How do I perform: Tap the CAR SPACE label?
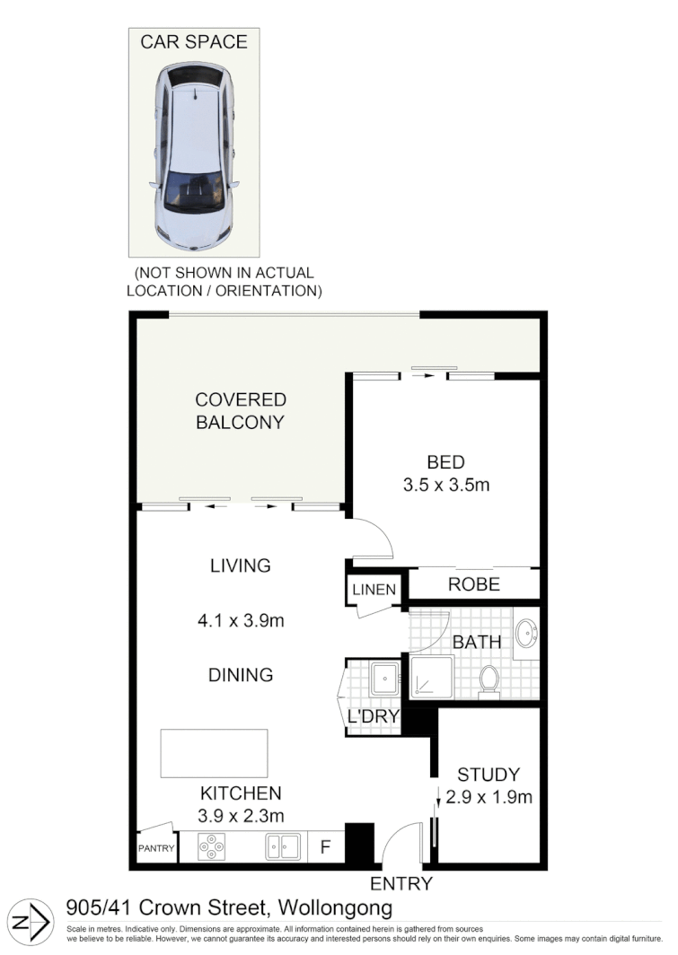point(193,41)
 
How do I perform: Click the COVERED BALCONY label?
point(240,410)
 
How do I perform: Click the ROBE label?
point(473,584)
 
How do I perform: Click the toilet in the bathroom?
point(489,679)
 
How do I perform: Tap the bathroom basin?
point(526,632)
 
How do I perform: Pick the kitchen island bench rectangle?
point(214,753)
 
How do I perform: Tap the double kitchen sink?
point(282,846)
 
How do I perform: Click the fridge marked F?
point(325,846)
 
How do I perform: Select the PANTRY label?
point(154,847)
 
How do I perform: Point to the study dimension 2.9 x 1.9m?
point(488,797)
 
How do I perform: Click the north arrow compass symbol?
point(32,924)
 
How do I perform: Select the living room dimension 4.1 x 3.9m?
point(240,620)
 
